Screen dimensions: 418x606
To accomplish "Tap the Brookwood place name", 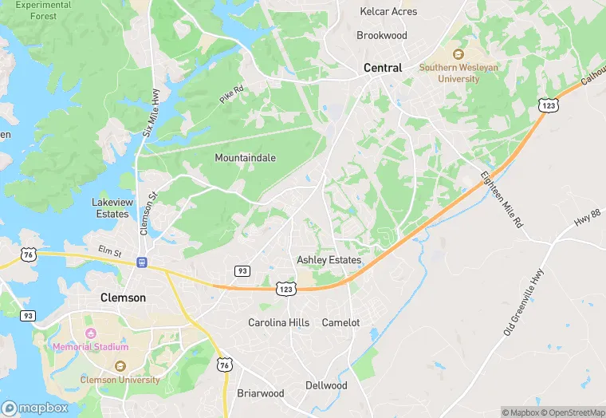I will pos(382,36).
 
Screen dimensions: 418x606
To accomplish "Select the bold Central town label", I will pos(383,68).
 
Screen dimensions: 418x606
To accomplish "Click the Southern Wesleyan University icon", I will pos(458,54).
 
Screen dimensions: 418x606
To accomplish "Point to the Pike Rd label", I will pos(230,94).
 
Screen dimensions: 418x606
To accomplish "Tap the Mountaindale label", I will pos(245,158).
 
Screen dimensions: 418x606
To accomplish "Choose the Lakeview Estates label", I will pos(110,208).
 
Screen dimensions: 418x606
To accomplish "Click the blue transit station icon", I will pos(142,262).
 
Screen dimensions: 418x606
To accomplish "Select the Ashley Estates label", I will pos(329,260).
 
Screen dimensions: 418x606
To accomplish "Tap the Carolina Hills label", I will pos(278,323).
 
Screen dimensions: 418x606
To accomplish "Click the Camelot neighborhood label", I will pos(340,323).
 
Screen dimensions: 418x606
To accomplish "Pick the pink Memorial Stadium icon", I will pos(90,332).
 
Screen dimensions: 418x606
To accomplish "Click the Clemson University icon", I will pos(119,366).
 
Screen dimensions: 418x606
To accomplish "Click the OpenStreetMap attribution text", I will pos(573,412).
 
